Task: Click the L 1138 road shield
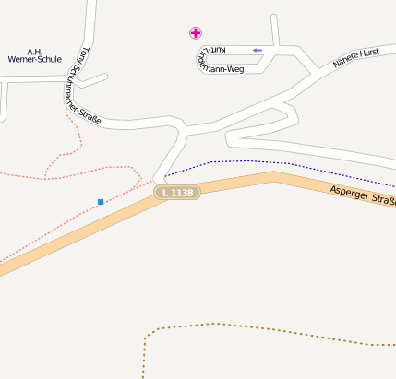176,193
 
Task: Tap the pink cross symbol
196,33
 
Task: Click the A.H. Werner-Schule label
33,55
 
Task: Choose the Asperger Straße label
363,195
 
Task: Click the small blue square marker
101,201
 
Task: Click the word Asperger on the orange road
351,194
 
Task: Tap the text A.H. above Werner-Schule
34,51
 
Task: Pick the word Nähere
343,64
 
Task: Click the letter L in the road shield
163,193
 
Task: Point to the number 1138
181,193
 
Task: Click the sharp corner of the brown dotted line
146,330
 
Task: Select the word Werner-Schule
33,60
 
